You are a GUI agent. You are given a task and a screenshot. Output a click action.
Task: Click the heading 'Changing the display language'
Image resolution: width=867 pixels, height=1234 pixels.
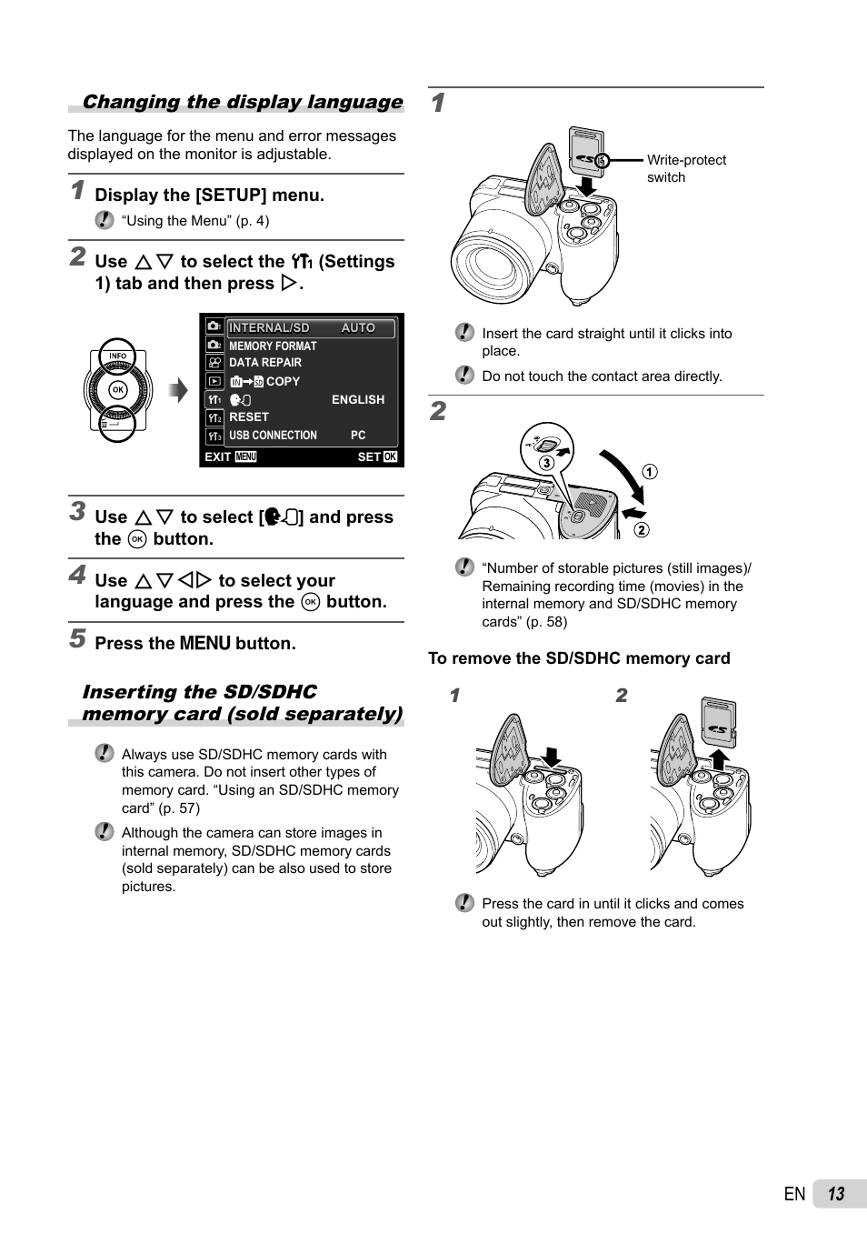[242, 102]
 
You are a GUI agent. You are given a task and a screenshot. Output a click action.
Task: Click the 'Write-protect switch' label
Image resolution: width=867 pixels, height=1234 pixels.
[685, 168]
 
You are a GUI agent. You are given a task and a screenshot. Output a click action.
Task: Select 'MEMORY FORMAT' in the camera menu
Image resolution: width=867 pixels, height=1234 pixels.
[273, 346]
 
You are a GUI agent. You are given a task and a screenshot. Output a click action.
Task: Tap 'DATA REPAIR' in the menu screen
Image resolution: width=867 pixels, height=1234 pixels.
[264, 363]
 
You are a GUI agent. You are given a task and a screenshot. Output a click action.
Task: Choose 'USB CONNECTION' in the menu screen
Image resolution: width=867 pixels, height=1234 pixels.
[273, 436]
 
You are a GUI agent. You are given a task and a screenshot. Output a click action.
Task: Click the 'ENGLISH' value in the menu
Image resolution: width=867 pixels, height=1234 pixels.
[357, 400]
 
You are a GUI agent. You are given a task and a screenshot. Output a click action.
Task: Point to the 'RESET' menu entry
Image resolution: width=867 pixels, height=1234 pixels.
[249, 417]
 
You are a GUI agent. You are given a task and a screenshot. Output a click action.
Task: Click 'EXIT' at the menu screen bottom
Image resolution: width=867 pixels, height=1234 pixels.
[218, 456]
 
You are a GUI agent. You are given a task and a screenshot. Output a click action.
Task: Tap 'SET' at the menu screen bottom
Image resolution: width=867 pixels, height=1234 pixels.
[368, 456]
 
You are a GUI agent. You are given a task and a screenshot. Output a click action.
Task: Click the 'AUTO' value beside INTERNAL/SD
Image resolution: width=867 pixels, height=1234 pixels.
[358, 328]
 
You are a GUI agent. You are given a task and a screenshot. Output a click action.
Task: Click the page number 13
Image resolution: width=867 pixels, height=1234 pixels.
[836, 1194]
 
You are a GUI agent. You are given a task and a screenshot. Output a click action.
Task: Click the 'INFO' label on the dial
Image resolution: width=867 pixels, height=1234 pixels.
[117, 356]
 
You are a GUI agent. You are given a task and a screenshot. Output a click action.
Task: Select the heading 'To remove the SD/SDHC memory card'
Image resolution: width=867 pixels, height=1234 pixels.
[579, 658]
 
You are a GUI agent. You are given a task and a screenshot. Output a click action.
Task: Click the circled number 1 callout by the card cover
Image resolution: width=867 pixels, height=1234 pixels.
[650, 472]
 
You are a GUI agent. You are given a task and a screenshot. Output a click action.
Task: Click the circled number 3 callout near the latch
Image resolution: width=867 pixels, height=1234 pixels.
[546, 463]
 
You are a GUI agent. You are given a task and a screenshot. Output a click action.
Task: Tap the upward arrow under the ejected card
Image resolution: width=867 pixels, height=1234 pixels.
[719, 759]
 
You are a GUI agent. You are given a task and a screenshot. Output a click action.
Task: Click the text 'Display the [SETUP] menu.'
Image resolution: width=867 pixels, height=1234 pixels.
[209, 195]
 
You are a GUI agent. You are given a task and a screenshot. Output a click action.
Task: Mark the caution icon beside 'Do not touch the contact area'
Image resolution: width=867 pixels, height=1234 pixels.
[464, 375]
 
